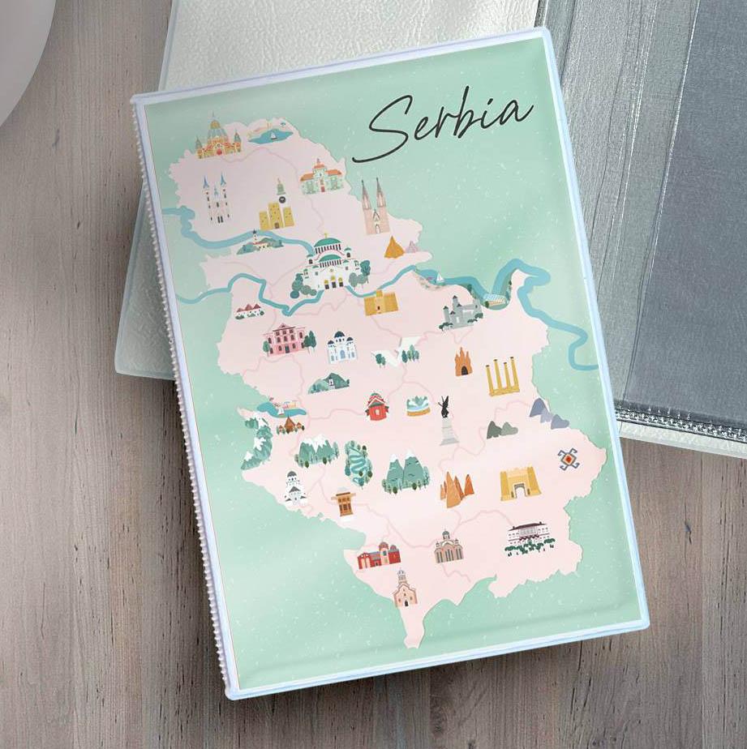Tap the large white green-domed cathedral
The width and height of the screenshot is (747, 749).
point(331,263)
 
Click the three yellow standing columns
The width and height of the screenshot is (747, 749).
point(503,377)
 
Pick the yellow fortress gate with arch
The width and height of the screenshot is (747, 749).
point(519,484)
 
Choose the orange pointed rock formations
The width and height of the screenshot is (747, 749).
point(456,489)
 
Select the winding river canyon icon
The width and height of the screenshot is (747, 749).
point(358,463)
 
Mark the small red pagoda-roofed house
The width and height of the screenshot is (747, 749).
point(376,406)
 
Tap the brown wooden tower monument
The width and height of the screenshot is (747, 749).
point(345,503)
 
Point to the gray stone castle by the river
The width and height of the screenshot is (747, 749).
point(461,312)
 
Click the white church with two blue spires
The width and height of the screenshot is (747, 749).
point(217,199)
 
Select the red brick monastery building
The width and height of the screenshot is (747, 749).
point(380,555)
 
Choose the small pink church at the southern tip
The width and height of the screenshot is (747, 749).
point(405,590)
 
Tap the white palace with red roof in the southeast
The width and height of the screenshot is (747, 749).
point(528,536)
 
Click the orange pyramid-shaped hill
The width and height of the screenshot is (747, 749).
point(395,248)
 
